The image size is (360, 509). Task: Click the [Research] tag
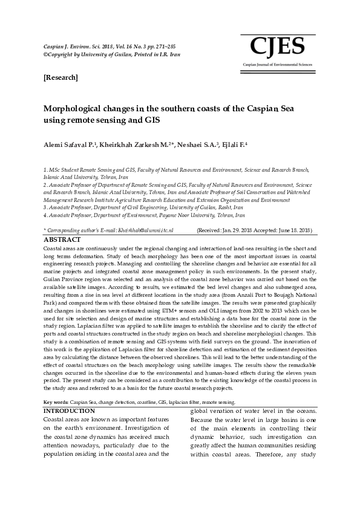click(61, 78)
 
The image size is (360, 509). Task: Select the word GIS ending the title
click(151, 120)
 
